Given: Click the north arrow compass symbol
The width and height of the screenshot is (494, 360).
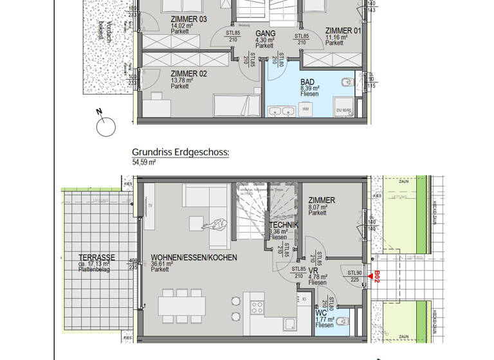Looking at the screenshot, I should pyautogui.click(x=105, y=126).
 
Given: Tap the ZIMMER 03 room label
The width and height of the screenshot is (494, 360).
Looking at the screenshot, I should pyautogui.click(x=188, y=20).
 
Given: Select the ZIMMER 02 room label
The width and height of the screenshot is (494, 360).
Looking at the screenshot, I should pyautogui.click(x=188, y=74).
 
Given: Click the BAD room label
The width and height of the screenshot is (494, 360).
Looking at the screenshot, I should pyautogui.click(x=308, y=82).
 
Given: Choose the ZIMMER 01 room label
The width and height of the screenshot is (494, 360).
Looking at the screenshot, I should pyautogui.click(x=342, y=30).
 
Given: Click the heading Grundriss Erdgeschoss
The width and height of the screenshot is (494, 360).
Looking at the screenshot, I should pyautogui.click(x=181, y=152).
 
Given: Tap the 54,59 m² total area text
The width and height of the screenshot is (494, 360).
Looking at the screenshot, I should pyautogui.click(x=145, y=163).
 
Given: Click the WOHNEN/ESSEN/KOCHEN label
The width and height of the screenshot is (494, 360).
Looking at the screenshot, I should pyautogui.click(x=194, y=257).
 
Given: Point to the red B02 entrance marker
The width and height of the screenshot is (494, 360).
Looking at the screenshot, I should pyautogui.click(x=378, y=276).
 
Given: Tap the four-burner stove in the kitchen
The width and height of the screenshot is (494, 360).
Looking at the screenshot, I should pyautogui.click(x=257, y=304).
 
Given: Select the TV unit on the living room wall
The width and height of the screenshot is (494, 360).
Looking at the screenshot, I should pyautogui.click(x=149, y=206).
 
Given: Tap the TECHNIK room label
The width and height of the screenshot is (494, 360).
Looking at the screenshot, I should pyautogui.click(x=282, y=225).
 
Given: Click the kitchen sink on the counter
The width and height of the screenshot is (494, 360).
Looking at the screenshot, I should pyautogui.click(x=289, y=324).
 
